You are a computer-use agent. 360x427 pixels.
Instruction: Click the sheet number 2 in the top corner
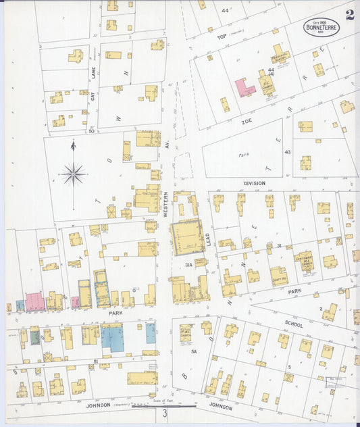pyautogui.click(x=349, y=15)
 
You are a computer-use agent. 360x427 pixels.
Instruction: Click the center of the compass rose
pyautogui.click(x=73, y=174)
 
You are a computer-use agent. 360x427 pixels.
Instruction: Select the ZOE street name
pyautogui.click(x=246, y=122)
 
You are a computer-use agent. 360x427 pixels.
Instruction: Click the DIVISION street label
pyautogui.click(x=254, y=183)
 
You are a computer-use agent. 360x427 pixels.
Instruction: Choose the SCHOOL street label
pyautogui.click(x=294, y=324)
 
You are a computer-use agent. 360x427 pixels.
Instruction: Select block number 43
pyautogui.click(x=286, y=152)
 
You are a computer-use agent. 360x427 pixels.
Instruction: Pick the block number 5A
pyautogui.click(x=193, y=351)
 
